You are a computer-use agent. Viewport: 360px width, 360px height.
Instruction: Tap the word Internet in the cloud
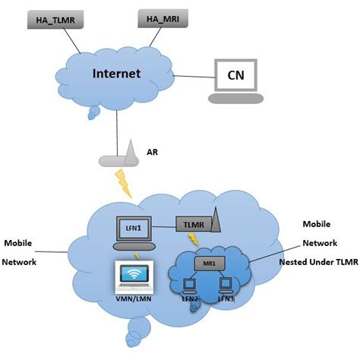(x=117, y=74)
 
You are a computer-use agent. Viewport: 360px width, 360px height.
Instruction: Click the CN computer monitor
(x=236, y=74)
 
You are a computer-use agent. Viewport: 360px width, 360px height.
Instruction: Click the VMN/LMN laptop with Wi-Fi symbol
(x=132, y=279)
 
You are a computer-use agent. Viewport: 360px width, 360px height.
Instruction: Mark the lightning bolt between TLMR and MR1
(x=194, y=241)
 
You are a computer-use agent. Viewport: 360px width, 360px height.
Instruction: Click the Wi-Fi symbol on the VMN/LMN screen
(x=132, y=275)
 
